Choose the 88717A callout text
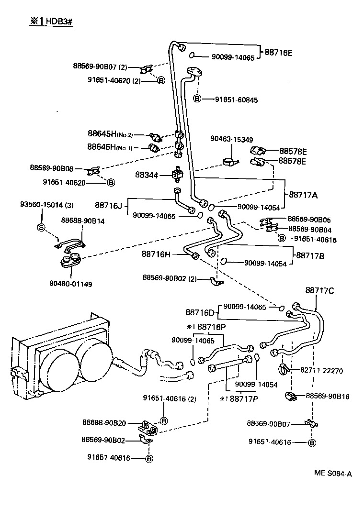point(303,195)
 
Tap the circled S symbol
point(41,227)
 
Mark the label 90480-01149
point(71,284)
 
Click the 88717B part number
point(310,256)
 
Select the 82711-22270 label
point(322,370)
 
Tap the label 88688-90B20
point(104,422)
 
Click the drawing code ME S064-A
point(333,474)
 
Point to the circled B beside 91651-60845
point(197,99)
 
